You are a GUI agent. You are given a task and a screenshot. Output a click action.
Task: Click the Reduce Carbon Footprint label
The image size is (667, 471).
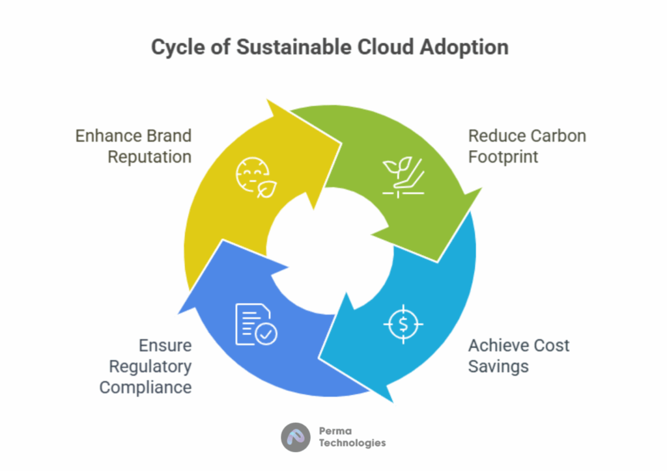click(x=527, y=146)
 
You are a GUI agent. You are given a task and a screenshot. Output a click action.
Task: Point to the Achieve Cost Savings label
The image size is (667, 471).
click(x=518, y=356)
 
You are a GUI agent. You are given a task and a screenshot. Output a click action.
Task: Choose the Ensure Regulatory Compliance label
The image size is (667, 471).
click(x=145, y=366)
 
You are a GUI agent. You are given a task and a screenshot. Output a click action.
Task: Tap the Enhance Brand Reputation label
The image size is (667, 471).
click(x=134, y=146)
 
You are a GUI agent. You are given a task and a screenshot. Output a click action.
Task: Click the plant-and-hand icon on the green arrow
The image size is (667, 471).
click(x=403, y=178)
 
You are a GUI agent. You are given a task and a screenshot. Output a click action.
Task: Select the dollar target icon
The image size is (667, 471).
click(x=403, y=325)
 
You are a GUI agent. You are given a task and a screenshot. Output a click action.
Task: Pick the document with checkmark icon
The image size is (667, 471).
click(x=256, y=325)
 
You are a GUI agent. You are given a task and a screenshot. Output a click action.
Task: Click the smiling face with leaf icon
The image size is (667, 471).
click(x=256, y=178)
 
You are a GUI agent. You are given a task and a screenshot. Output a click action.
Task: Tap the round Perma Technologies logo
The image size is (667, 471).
click(x=296, y=437)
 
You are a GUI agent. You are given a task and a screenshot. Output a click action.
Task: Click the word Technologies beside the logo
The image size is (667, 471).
click(x=352, y=444)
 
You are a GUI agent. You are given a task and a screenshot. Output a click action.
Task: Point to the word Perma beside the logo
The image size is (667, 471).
click(x=335, y=431)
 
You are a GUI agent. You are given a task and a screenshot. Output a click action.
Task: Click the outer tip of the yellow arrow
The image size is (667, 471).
click(x=267, y=100)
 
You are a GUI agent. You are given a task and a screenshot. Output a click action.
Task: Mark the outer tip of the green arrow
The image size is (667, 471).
click(x=481, y=188)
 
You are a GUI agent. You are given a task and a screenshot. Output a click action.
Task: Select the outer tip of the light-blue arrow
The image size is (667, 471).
click(x=393, y=402)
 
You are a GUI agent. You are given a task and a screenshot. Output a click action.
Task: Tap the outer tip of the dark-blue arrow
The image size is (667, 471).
click(x=178, y=314)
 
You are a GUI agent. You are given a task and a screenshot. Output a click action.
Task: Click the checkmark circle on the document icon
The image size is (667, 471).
click(x=266, y=334)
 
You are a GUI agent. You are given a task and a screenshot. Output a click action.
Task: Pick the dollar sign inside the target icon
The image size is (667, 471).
click(x=403, y=325)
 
